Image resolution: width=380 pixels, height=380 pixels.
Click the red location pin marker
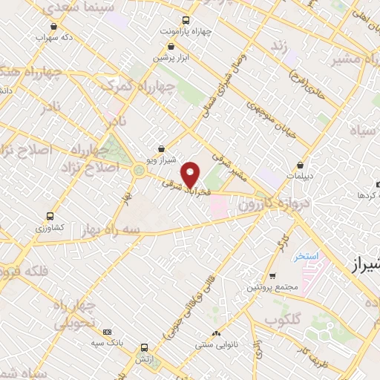191,175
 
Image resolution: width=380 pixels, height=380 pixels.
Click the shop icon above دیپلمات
300,165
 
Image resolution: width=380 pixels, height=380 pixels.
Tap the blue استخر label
305,256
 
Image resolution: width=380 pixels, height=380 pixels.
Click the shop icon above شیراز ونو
162,149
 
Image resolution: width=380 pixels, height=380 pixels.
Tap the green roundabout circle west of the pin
139,172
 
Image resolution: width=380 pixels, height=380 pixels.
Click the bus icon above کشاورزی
50,217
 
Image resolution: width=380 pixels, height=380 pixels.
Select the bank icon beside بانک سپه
108,332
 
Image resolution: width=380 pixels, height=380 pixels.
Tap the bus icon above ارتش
145,347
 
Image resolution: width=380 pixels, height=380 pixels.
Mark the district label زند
279,46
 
